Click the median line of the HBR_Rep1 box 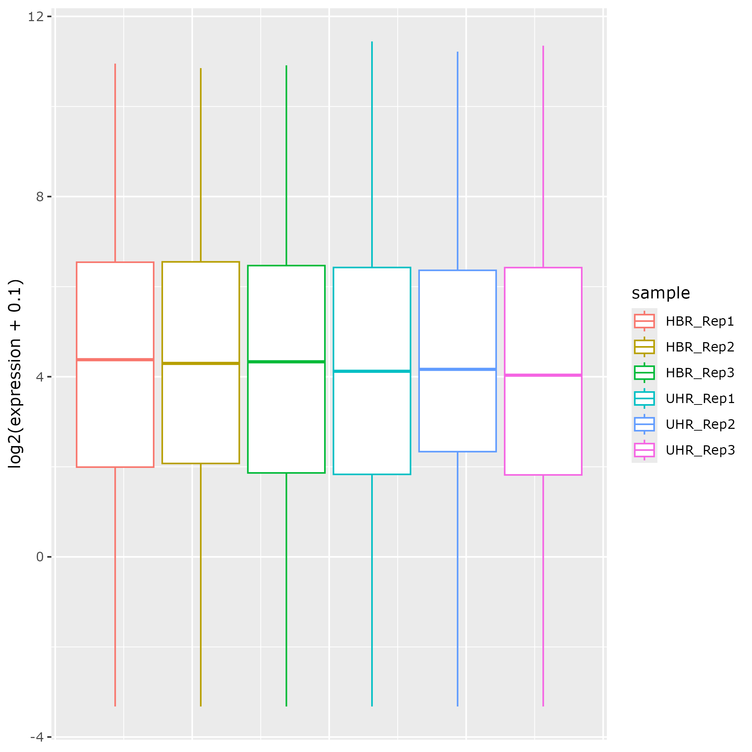tap(115, 360)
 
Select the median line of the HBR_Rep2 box tap(201, 363)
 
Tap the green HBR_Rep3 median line tap(287, 361)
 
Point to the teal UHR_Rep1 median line tap(372, 371)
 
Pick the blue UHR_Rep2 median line tap(458, 369)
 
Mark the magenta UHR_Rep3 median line tap(543, 375)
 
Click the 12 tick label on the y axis tap(35, 17)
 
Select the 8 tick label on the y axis tap(40, 197)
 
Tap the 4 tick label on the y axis tap(40, 377)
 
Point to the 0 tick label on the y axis tap(40, 557)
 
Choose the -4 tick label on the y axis tap(37, 737)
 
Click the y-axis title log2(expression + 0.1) tap(15, 374)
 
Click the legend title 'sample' tap(661, 293)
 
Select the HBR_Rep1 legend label tap(700, 321)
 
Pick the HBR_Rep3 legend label tap(700, 373)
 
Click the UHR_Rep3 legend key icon tap(644, 450)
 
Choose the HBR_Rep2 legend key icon tap(644, 347)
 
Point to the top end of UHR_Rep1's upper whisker tap(372, 42)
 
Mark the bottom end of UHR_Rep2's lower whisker tap(458, 706)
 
